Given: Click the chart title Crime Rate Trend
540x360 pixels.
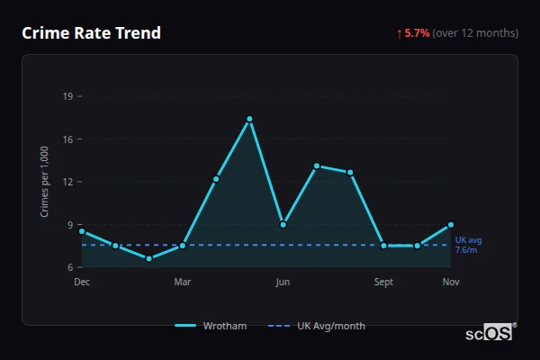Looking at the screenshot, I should tap(91, 33).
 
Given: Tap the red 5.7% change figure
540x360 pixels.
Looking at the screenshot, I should tap(417, 33).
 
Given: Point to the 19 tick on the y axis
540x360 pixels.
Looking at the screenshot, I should tap(68, 95).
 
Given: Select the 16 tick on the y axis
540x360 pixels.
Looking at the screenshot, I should tap(68, 139).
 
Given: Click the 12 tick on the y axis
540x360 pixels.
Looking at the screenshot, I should tap(68, 182).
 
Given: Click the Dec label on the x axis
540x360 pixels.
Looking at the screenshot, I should tap(82, 283).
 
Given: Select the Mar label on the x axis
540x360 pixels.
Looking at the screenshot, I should tap(183, 283).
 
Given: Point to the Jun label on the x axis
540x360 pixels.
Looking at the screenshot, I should tap(283, 283).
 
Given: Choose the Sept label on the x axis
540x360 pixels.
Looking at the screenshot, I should tap(383, 283).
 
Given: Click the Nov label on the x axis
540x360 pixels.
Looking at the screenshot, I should tap(451, 283).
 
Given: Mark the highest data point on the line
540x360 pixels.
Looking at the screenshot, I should tap(249, 119).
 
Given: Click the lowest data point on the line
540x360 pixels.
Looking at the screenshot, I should tap(149, 258).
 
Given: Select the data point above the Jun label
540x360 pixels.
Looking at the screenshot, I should tap(283, 224).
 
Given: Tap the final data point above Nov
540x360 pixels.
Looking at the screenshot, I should tap(451, 224).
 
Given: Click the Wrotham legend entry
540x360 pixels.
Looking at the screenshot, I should tap(211, 326).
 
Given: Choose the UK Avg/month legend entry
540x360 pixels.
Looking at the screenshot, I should tap(319, 326).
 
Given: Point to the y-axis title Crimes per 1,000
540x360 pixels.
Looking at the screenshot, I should tap(44, 181).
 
